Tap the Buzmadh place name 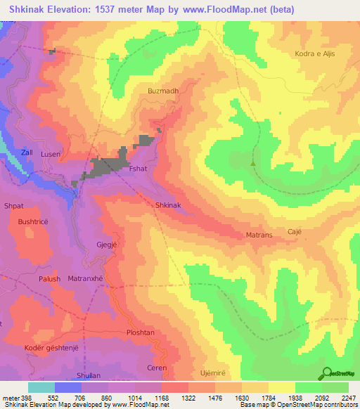162,91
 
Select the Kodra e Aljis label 320,53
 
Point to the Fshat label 136,169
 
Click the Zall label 27,152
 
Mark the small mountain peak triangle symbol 253,163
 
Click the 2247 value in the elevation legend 348,398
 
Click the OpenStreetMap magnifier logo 328,373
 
